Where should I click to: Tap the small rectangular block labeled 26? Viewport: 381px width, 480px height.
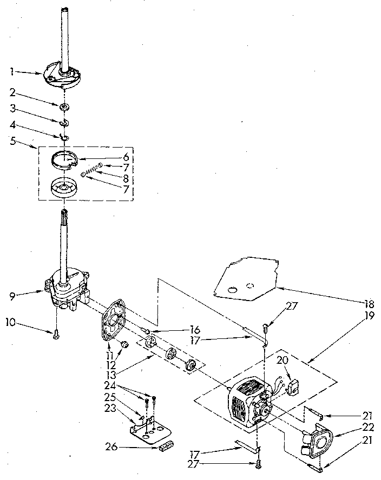[166, 446]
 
